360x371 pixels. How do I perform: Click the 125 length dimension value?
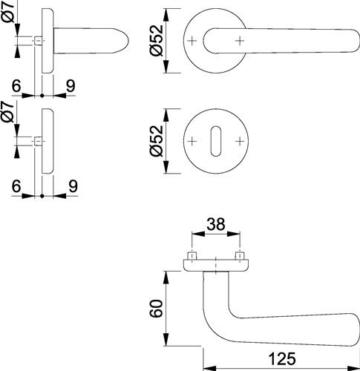click(282, 358)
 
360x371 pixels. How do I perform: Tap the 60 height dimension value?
click(157, 309)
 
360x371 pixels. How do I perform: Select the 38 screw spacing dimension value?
click(216, 224)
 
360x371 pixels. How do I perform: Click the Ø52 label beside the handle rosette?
click(157, 41)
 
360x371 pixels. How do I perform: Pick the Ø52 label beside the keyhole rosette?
click(157, 141)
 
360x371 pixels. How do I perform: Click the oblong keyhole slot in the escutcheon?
click(216, 141)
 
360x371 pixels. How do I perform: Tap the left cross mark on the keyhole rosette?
click(192, 141)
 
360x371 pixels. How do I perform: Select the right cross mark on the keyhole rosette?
click(240, 141)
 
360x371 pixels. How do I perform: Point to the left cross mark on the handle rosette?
click(192, 41)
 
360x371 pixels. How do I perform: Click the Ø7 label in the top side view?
click(9, 11)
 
